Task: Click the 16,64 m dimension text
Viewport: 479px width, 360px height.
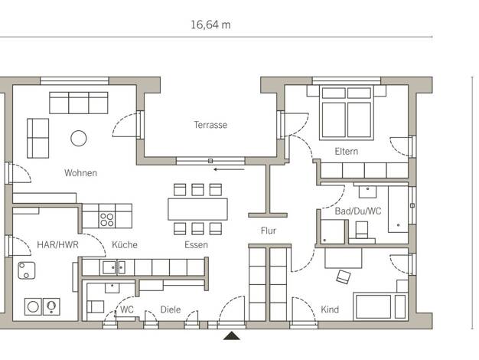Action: pyautogui.click(x=210, y=25)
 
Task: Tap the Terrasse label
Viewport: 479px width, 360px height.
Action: pyautogui.click(x=210, y=125)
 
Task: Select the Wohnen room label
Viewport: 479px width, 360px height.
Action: pyautogui.click(x=80, y=173)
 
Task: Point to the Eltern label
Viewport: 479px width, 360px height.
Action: pyautogui.click(x=346, y=152)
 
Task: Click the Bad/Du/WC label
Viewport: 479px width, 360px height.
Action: pyautogui.click(x=358, y=211)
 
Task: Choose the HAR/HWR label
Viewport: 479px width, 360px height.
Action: pyautogui.click(x=57, y=244)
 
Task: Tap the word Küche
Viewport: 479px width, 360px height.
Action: pyautogui.click(x=125, y=244)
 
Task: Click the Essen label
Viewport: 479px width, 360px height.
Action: pyautogui.click(x=196, y=244)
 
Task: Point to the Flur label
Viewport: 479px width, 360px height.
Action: pyautogui.click(x=269, y=231)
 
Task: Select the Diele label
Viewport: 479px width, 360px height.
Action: pyautogui.click(x=171, y=309)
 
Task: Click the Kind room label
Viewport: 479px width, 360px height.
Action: pyautogui.click(x=330, y=309)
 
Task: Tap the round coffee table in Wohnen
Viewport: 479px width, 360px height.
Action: pyautogui.click(x=79, y=138)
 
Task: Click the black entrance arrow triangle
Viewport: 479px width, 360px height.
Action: pyautogui.click(x=232, y=335)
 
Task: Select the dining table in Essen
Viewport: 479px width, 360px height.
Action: pyautogui.click(x=197, y=209)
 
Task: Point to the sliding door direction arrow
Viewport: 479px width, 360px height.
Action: pyautogui.click(x=229, y=169)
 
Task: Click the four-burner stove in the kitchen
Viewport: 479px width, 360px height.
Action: pyautogui.click(x=107, y=216)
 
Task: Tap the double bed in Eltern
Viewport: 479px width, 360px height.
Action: pyautogui.click(x=347, y=113)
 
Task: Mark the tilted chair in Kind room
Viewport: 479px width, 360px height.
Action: pyautogui.click(x=343, y=277)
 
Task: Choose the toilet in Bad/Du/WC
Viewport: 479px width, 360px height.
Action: pyautogui.click(x=362, y=231)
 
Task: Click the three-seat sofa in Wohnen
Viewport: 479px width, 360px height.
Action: pyautogui.click(x=79, y=103)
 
